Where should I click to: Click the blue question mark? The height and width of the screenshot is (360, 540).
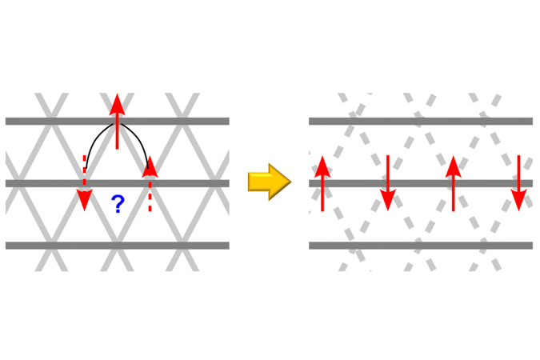(118, 203)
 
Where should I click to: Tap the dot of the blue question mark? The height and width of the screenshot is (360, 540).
(118, 211)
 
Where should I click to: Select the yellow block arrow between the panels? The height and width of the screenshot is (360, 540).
(270, 182)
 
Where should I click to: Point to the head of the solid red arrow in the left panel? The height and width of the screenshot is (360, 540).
(117, 104)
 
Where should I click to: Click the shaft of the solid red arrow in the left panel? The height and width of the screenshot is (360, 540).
(117, 132)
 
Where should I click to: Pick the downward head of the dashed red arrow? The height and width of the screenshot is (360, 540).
(84, 199)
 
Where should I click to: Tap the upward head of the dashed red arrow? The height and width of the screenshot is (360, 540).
(150, 166)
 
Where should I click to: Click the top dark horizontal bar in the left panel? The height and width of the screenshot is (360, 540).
(118, 121)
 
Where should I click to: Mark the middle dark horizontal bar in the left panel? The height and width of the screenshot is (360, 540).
(118, 183)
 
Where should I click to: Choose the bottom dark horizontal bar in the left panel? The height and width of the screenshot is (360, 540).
(118, 246)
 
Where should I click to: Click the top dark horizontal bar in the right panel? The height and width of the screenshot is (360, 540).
(421, 121)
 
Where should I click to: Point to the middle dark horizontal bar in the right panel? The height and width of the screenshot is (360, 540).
(421, 183)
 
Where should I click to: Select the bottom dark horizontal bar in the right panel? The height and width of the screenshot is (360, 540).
(421, 246)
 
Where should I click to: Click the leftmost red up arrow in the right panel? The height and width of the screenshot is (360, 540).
(322, 183)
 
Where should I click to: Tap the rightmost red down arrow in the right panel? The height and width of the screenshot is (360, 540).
(518, 183)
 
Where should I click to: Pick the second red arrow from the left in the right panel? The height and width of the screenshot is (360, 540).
(388, 183)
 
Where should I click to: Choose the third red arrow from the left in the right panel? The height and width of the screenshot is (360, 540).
(454, 183)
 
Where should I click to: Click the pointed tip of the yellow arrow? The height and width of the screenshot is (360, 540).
(291, 182)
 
